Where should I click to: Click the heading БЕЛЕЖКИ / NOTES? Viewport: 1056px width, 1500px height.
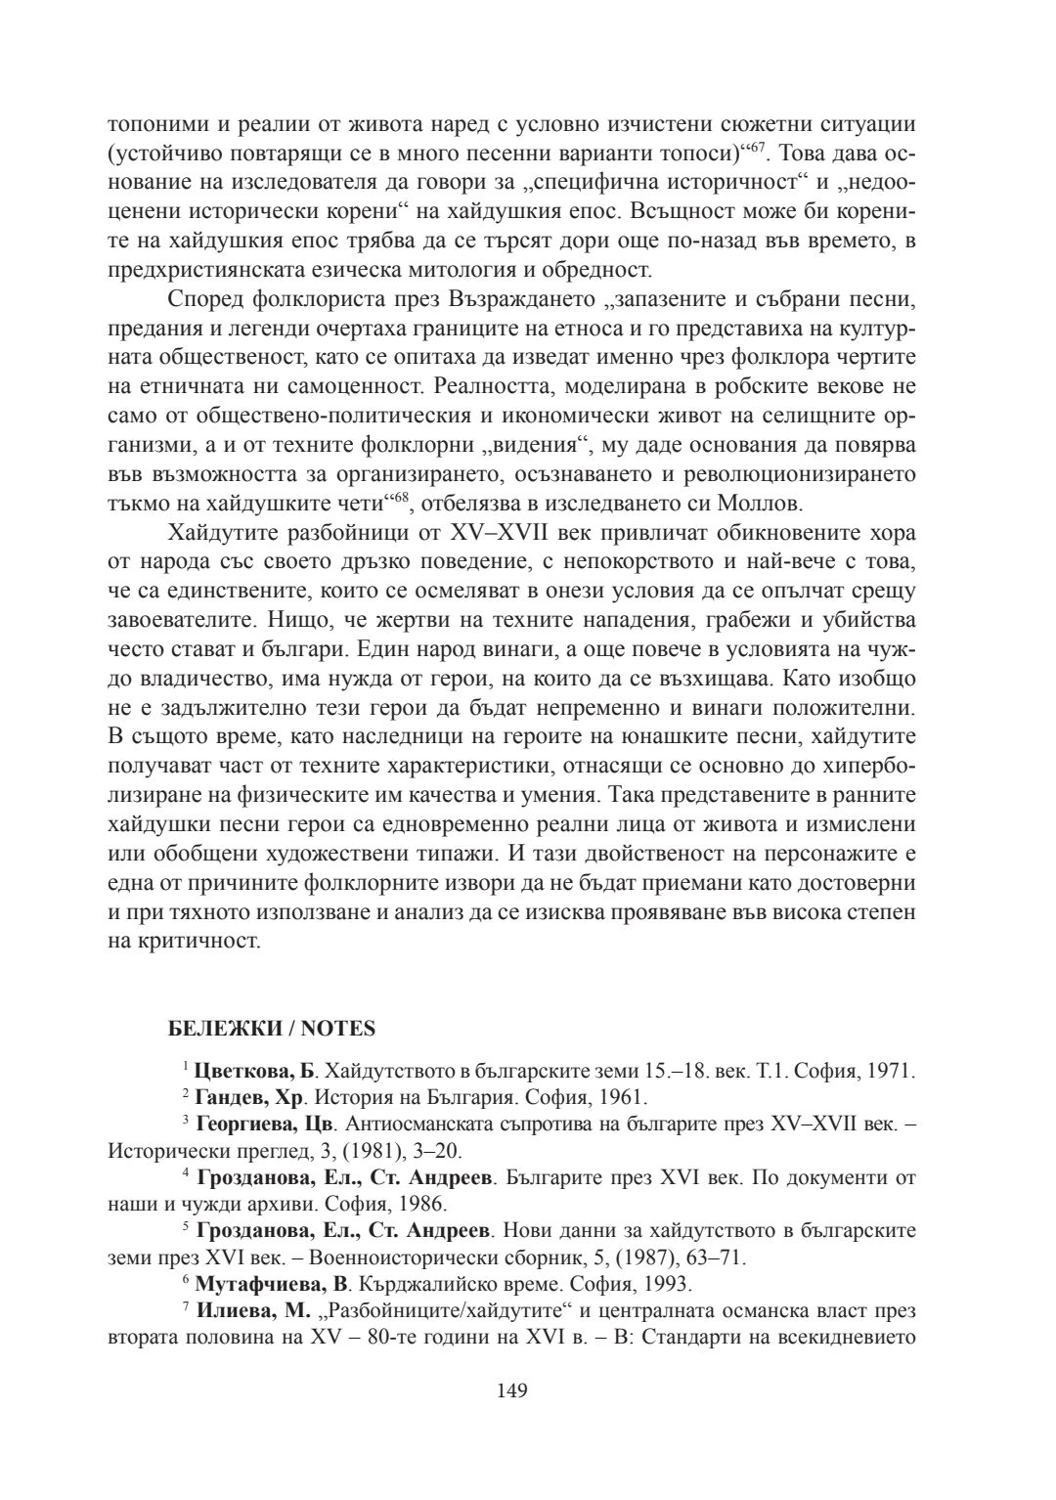272,1029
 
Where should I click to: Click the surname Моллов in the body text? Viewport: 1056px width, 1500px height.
767,506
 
